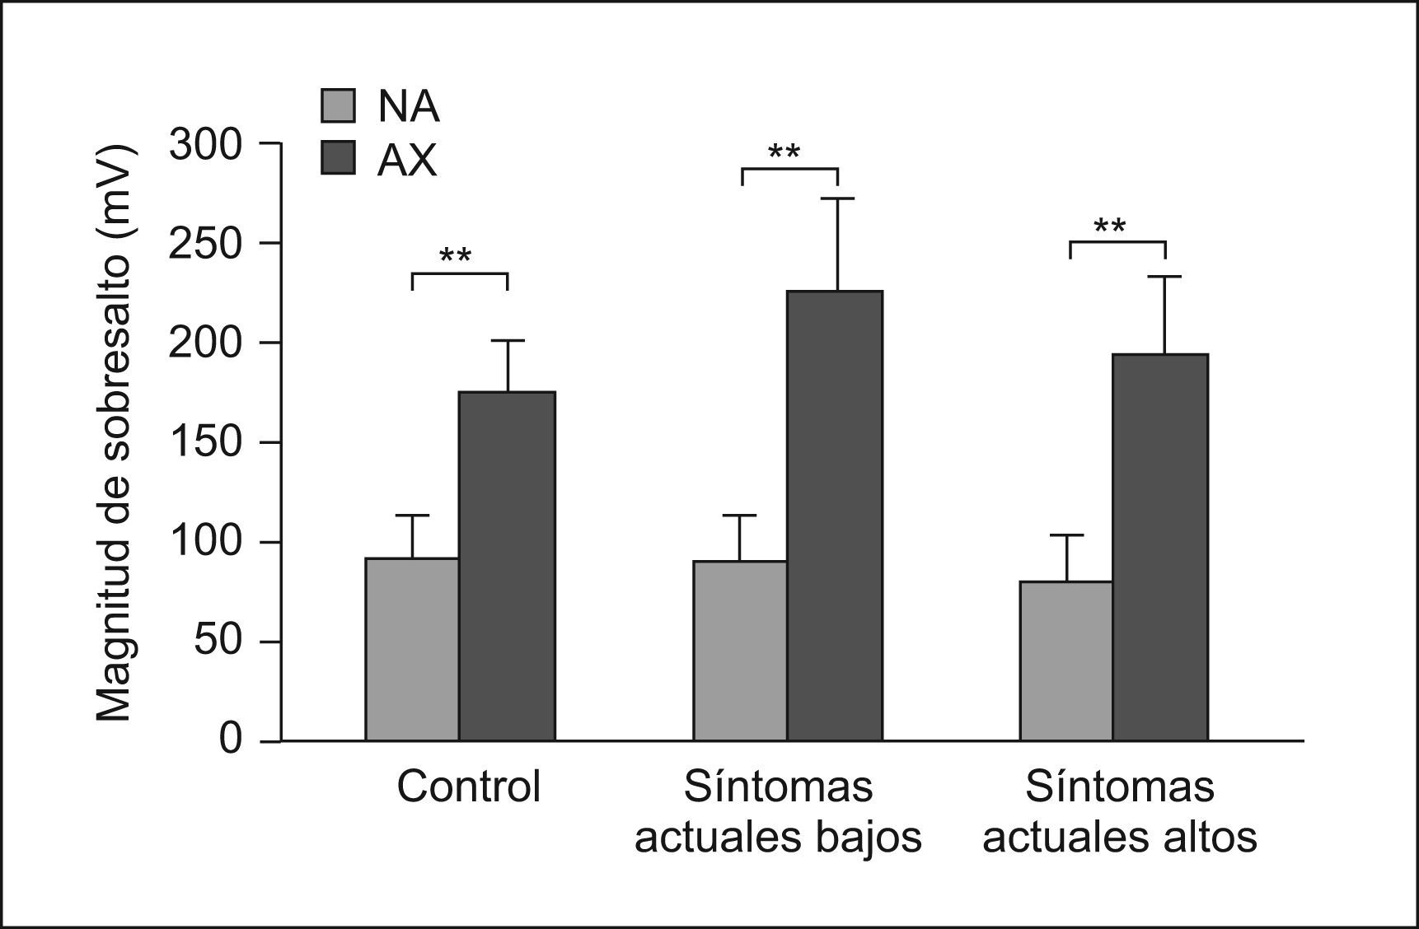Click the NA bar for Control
click(x=412, y=650)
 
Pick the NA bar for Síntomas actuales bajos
click(x=740, y=651)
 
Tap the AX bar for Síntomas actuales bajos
click(x=835, y=516)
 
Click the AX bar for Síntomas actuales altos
click(x=1160, y=548)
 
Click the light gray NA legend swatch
click(x=338, y=106)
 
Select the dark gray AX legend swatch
click(x=338, y=158)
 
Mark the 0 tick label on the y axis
click(x=230, y=739)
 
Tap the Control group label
click(x=468, y=787)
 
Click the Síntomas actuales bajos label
click(x=778, y=812)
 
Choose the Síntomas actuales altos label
click(x=1120, y=812)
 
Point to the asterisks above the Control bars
click(x=456, y=256)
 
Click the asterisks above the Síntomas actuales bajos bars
click(x=784, y=152)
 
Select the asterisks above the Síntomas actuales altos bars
click(x=1110, y=226)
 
